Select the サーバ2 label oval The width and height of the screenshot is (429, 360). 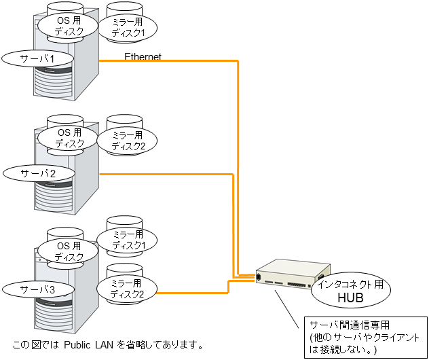38,173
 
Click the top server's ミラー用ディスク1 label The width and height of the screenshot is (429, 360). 128,27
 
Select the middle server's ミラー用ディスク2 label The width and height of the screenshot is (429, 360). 128,141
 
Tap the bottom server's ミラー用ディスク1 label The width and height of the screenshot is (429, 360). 128,239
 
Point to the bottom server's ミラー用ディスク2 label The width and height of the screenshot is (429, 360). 128,288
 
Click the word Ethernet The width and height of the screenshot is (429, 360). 143,57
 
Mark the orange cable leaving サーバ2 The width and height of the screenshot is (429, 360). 170,175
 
